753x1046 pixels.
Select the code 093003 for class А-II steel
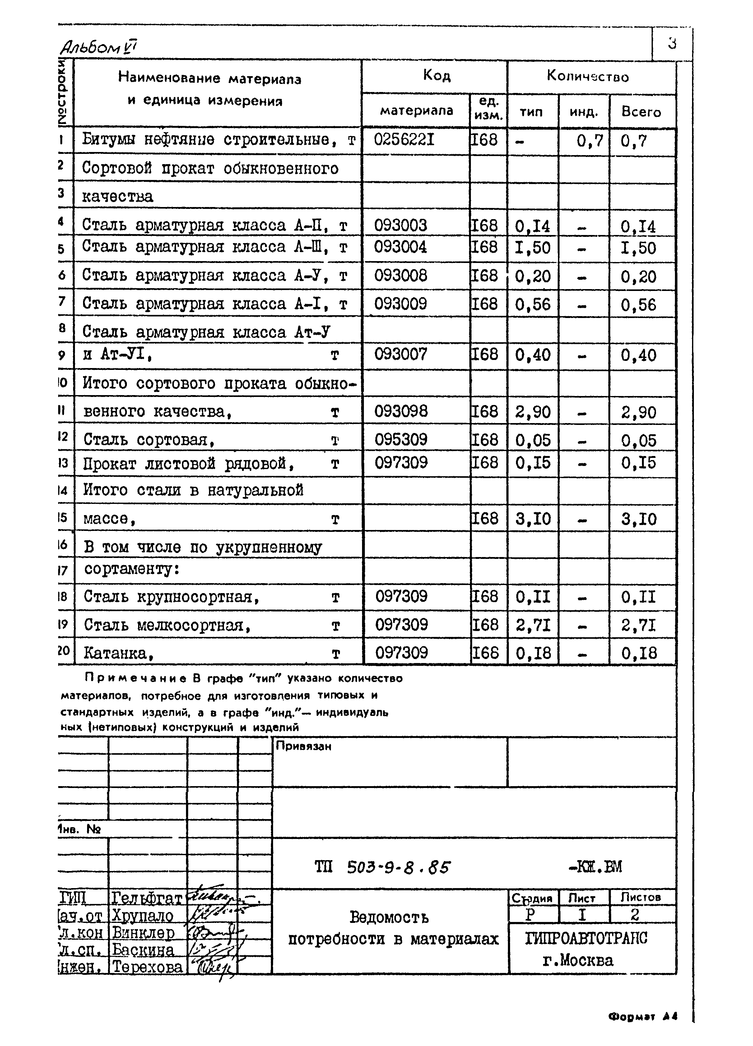[x=401, y=225]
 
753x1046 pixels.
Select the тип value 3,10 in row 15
[x=533, y=519]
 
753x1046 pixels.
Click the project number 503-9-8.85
[x=398, y=868]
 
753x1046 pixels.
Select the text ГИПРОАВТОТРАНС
[x=586, y=938]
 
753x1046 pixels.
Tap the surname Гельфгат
[x=147, y=898]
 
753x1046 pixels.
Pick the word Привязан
[x=303, y=746]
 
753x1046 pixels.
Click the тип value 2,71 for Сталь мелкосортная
[x=533, y=625]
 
